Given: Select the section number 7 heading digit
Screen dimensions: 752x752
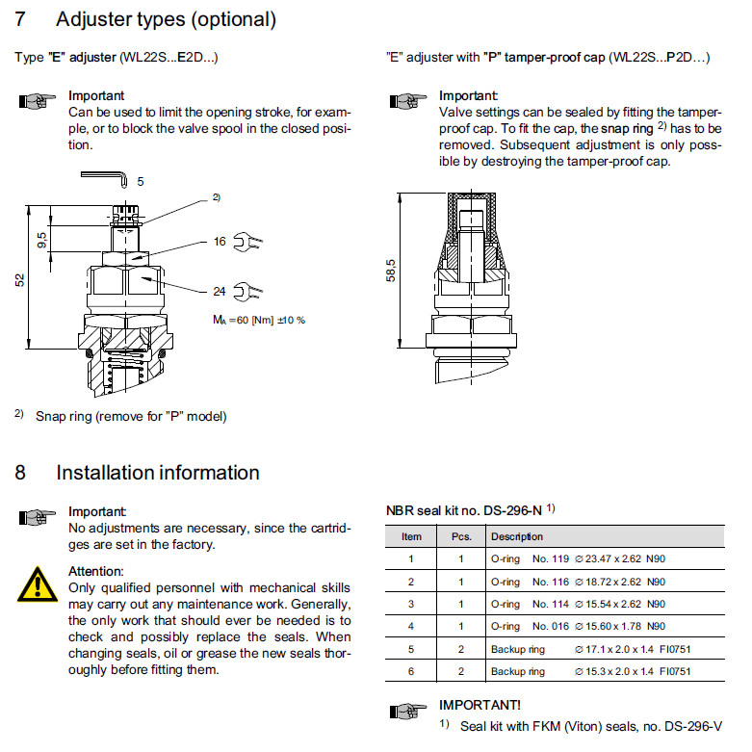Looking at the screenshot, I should point(20,19).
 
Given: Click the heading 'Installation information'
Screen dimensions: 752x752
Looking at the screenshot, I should point(158,473).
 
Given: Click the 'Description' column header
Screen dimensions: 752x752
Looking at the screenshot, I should point(516,536).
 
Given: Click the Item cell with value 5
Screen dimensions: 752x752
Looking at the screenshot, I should point(411,648).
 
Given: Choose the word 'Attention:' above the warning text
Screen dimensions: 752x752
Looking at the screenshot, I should point(96,571).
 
